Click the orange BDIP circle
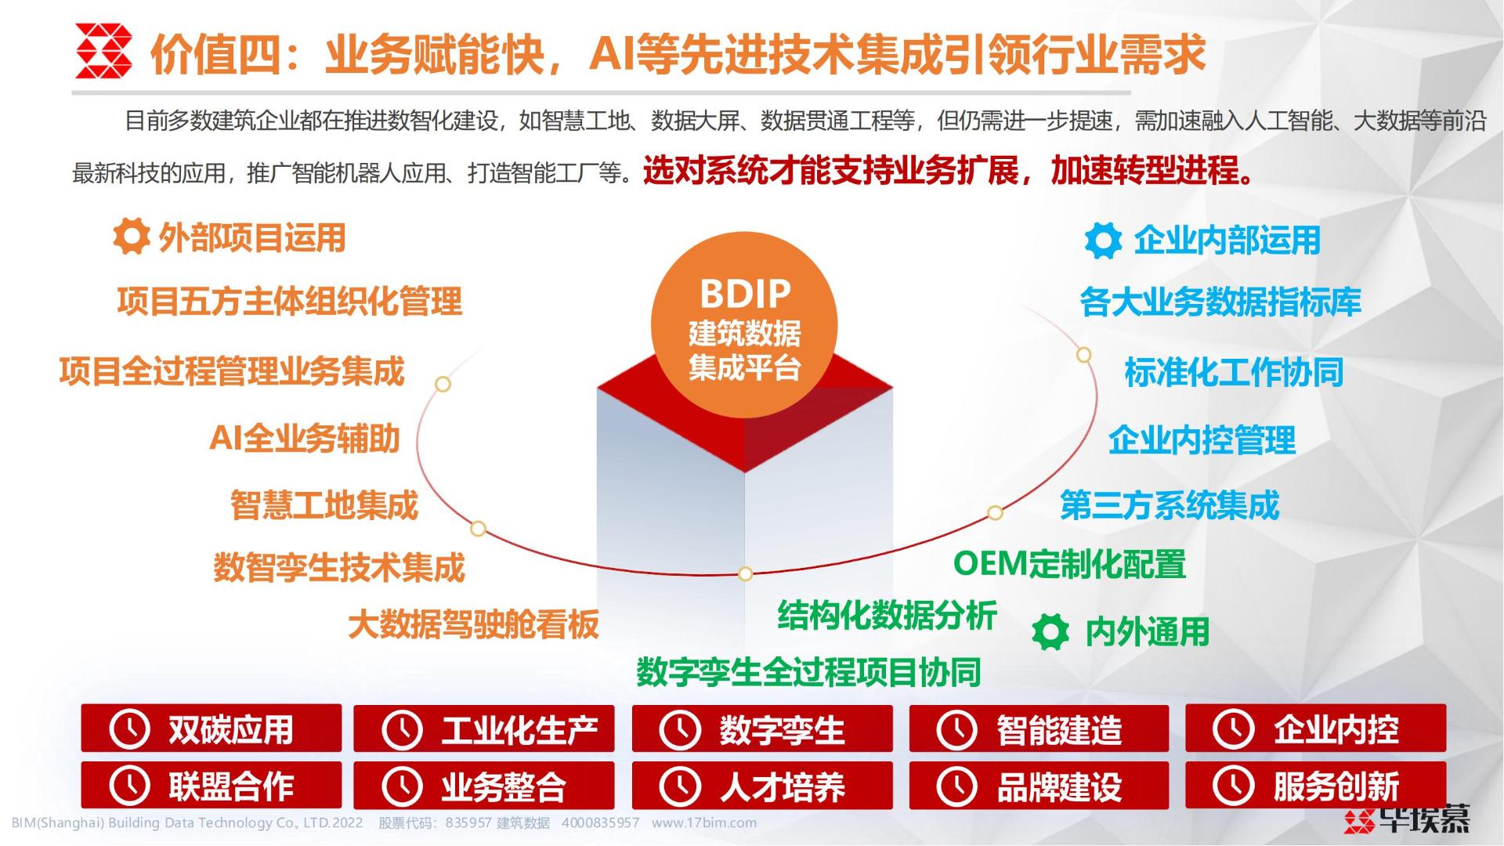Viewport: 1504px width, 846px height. tap(744, 324)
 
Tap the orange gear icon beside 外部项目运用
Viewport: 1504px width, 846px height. tap(131, 237)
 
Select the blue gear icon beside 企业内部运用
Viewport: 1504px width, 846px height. tap(1103, 240)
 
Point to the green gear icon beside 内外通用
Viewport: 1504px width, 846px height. tap(1050, 631)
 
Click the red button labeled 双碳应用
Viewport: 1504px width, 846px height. tap(211, 728)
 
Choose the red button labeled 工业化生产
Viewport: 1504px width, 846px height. tap(483, 728)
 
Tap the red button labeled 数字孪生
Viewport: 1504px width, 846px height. tap(762, 728)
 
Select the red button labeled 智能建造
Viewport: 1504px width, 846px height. tap(1039, 728)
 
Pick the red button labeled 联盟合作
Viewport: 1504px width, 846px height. tap(211, 785)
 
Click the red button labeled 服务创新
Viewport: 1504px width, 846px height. tap(1315, 785)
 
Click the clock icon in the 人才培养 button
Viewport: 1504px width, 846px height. tap(679, 786)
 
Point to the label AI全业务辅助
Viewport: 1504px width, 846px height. tap(305, 438)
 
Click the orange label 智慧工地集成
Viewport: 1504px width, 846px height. tap(324, 505)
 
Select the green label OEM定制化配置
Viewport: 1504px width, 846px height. tap(1069, 564)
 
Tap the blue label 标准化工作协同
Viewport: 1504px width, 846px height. tap(1234, 372)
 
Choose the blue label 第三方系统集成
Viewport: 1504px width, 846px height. tap(1170, 505)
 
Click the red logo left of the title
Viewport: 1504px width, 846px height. tap(103, 51)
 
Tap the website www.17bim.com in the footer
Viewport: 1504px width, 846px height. tap(704, 822)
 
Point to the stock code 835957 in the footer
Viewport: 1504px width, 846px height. tap(468, 822)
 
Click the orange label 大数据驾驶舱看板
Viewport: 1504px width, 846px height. tap(473, 624)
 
